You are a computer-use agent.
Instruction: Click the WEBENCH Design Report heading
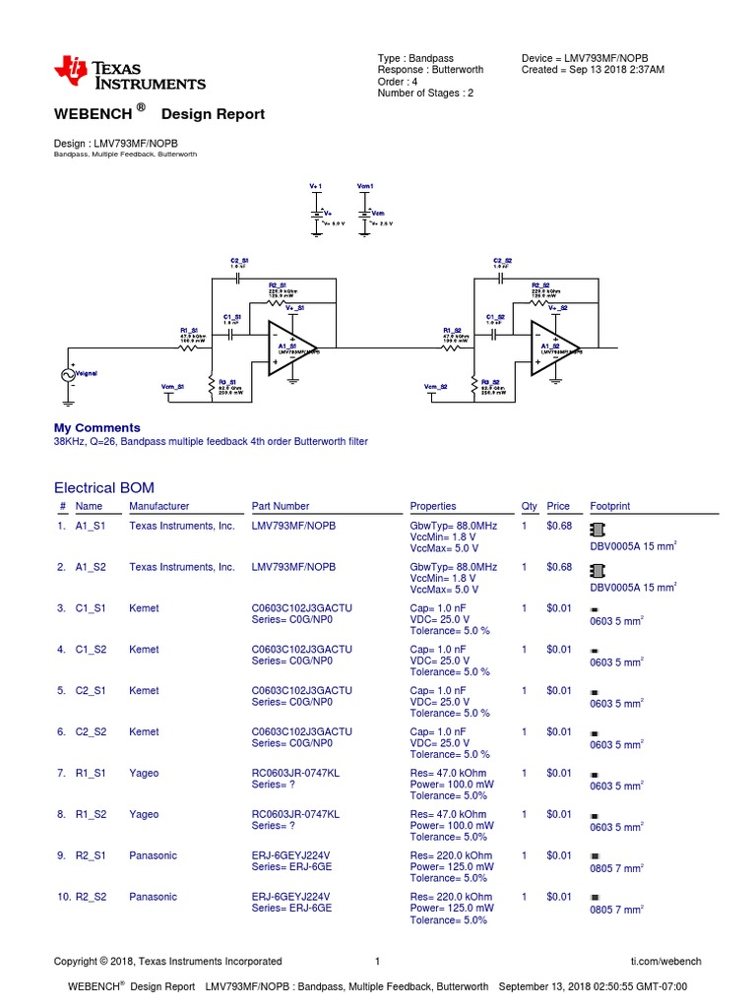(x=158, y=114)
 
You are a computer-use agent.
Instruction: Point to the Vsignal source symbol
(x=70, y=375)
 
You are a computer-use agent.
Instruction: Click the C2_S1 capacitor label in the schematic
(x=238, y=260)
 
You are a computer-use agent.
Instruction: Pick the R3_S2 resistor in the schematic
(x=473, y=385)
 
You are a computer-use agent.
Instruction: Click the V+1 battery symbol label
(x=316, y=185)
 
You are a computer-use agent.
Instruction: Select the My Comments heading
(x=96, y=428)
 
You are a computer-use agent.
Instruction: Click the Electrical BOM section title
(x=103, y=487)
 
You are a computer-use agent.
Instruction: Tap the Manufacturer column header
(x=158, y=506)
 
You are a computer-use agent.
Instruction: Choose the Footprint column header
(x=609, y=506)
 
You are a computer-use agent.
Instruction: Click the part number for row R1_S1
(x=295, y=774)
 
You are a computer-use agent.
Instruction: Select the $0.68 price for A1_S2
(x=558, y=567)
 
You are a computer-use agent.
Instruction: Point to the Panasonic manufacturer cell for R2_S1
(x=153, y=855)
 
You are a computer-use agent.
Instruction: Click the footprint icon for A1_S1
(x=597, y=529)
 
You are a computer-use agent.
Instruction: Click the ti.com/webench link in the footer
(x=665, y=961)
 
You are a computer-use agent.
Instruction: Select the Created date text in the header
(x=593, y=70)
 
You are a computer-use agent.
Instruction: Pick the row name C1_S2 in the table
(x=91, y=650)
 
